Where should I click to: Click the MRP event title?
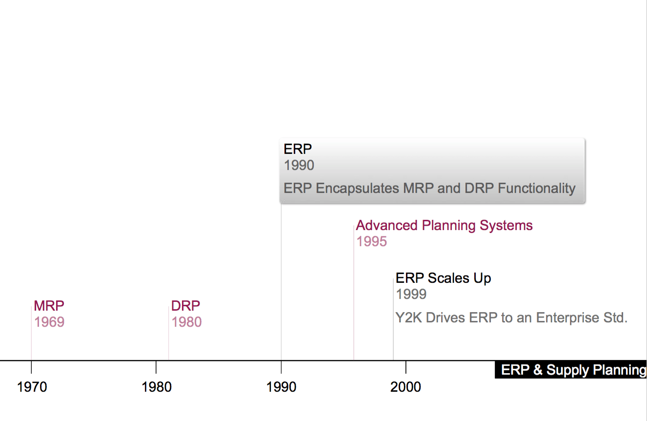(49, 306)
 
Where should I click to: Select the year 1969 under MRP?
(49, 322)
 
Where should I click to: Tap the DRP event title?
(185, 306)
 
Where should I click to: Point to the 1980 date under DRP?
(186, 322)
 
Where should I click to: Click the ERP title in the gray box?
(298, 149)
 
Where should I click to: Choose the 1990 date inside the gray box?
(299, 165)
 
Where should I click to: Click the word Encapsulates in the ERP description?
(358, 189)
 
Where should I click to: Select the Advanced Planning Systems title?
(444, 226)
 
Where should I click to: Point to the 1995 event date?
(371, 241)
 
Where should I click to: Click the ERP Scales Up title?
(444, 278)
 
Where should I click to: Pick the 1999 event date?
(411, 294)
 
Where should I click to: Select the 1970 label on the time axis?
(32, 387)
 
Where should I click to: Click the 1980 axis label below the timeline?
(157, 387)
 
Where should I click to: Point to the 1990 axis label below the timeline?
(282, 387)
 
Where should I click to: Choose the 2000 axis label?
(405, 387)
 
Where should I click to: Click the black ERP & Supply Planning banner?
(571, 370)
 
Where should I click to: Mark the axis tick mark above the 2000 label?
(406, 367)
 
